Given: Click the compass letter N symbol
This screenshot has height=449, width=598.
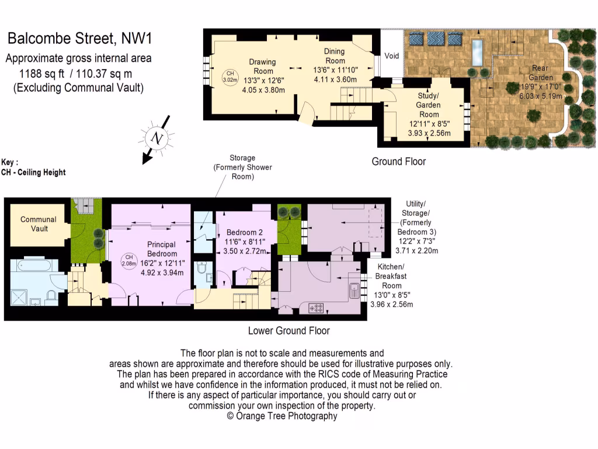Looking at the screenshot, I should tap(156, 138).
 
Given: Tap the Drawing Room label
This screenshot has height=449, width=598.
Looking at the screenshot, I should tap(262, 66).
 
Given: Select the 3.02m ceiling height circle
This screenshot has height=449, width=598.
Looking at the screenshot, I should tap(230, 75).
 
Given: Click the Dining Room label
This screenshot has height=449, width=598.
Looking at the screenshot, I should tap(335, 56).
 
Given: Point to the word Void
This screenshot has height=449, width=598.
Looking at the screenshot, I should tap(392, 56).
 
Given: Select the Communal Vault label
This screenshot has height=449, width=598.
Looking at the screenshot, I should tap(39, 224).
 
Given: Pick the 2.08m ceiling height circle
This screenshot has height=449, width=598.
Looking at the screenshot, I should tap(130, 261).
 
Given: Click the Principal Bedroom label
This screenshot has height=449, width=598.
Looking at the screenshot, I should tap(162, 249).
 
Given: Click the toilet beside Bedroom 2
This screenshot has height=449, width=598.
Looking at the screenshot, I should tap(201, 268).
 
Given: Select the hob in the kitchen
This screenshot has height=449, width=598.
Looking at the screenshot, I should tap(317, 306).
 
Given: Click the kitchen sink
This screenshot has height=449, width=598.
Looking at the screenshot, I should tap(354, 291).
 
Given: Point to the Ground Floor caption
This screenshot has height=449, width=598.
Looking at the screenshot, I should tap(399, 161).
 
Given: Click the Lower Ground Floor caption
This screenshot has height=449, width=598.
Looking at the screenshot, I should tap(289, 331).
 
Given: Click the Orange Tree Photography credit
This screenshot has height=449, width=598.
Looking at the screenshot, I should tap(282, 416).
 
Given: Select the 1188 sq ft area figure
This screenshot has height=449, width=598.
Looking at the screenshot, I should tap(43, 74).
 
